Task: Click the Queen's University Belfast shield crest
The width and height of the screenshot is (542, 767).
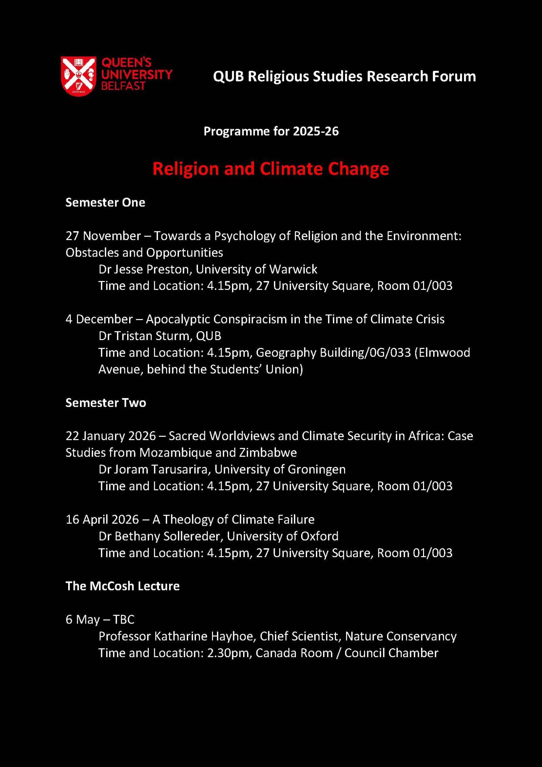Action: pos(79,76)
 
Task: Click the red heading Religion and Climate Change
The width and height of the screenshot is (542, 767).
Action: pos(270,169)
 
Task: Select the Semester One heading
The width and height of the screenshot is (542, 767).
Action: pos(105,202)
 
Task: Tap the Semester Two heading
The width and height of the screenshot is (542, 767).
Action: pos(105,402)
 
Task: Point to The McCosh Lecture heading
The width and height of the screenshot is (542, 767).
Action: pos(122,586)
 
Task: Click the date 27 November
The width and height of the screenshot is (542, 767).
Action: pos(103,236)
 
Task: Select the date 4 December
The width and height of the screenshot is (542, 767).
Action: pos(99,319)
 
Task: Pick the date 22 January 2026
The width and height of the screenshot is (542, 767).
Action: pos(111,436)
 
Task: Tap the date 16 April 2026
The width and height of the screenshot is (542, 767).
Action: pos(102,519)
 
